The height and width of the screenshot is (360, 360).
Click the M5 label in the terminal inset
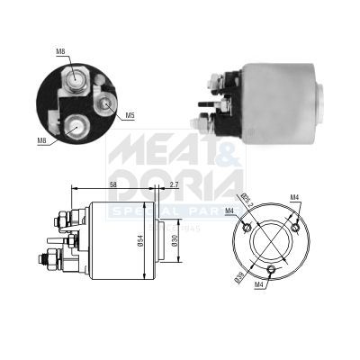point(130,115)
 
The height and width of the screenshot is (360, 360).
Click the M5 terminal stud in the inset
point(107,103)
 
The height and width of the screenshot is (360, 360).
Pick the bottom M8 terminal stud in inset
point(76,126)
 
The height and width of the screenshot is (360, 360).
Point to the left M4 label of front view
point(230,212)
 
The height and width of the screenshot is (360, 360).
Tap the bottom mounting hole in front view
point(271,269)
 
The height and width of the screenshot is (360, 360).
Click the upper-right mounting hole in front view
point(294,213)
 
